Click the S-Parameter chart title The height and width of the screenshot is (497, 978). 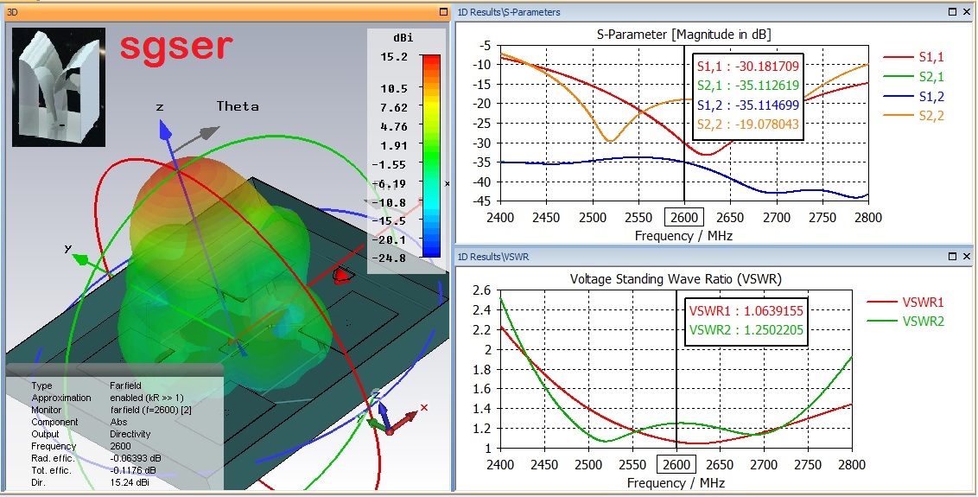click(683, 34)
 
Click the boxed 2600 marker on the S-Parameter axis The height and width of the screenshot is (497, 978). click(684, 217)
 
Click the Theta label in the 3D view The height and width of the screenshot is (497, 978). click(237, 106)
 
